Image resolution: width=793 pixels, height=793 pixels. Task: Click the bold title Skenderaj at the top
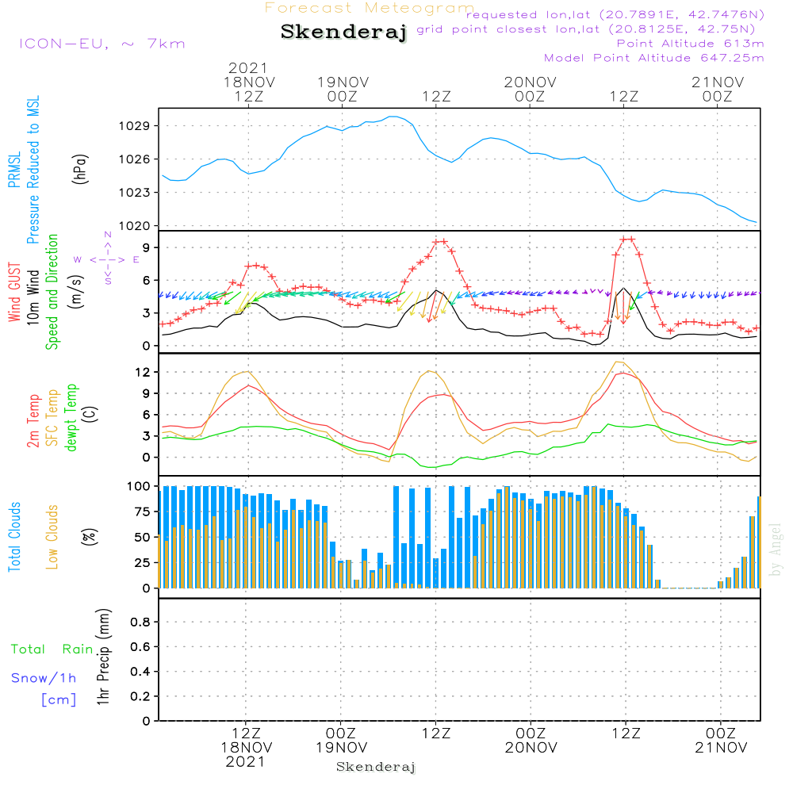(x=343, y=33)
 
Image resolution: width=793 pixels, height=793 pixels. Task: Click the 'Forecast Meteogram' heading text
(x=370, y=9)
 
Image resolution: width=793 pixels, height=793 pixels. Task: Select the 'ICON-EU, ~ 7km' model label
(x=102, y=44)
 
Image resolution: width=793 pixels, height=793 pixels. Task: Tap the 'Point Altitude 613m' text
(x=690, y=44)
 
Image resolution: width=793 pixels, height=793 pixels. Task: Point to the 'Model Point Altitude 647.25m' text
(x=654, y=58)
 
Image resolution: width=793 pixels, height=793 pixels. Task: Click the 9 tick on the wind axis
(x=146, y=248)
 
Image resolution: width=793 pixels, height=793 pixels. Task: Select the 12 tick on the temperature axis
(x=143, y=372)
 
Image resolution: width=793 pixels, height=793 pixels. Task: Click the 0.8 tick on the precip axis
(x=140, y=623)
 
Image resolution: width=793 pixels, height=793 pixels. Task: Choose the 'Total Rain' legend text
(x=52, y=649)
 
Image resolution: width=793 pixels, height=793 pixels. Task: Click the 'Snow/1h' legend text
(x=44, y=679)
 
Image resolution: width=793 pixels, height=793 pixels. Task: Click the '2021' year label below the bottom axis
(x=246, y=762)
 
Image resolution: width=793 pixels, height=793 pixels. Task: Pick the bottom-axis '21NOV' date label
(x=720, y=748)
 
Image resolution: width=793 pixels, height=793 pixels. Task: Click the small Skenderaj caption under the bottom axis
(x=376, y=768)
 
